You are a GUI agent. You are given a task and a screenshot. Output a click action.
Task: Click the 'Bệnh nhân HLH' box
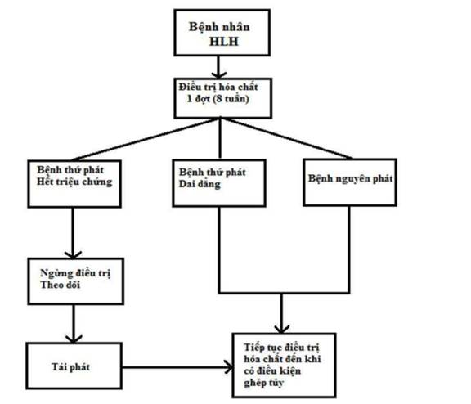[x=222, y=33]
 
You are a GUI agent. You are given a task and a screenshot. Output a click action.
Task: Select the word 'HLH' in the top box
[x=224, y=42]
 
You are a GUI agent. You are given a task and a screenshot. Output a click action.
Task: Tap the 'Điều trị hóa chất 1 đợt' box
[x=223, y=98]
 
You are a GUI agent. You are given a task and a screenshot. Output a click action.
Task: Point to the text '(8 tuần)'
[x=231, y=99]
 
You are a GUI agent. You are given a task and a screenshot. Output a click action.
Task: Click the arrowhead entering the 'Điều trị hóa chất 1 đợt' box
[x=218, y=74]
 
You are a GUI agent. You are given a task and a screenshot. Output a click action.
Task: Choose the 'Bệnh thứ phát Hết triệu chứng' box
[x=74, y=184]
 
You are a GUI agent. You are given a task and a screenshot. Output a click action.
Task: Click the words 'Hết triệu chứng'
[x=74, y=182]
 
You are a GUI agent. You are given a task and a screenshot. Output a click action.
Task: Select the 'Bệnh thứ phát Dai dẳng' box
[x=219, y=183]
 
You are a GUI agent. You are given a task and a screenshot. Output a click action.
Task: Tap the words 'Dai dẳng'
[x=200, y=184]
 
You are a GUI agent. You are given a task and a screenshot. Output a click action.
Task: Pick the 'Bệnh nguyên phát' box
[x=350, y=182]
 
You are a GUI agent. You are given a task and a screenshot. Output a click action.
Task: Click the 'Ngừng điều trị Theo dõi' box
[x=76, y=281]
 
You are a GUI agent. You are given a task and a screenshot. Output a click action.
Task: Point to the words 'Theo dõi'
[x=60, y=285]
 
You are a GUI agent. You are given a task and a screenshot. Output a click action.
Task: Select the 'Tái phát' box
[x=74, y=366]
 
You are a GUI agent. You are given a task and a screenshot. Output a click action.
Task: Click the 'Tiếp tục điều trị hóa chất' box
[x=284, y=365]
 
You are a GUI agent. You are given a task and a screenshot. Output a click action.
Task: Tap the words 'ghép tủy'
[x=264, y=383]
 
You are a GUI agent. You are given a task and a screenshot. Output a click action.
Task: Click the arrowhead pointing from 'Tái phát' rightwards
[x=229, y=367]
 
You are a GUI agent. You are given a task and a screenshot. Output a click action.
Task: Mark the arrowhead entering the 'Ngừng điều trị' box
[x=73, y=254]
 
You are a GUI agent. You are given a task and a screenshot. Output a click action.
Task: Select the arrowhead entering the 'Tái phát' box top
[x=74, y=339]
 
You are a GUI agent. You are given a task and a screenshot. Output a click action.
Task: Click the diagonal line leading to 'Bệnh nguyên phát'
[x=287, y=138]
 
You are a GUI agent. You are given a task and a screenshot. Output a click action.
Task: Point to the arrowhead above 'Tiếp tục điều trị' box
[x=282, y=330]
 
